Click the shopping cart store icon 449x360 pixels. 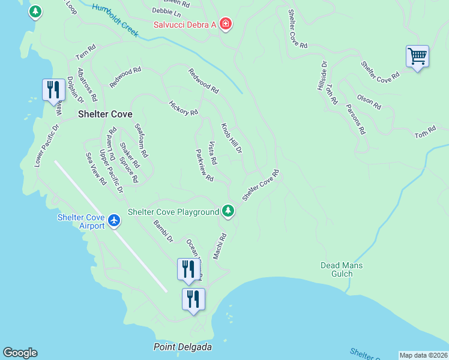[x=417, y=57]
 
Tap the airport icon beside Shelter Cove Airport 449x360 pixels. [x=114, y=221]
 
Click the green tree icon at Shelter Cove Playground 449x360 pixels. [x=228, y=211]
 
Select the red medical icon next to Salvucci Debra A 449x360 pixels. [x=226, y=25]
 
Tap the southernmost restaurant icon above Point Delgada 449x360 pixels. [x=193, y=299]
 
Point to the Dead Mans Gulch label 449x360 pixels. [x=342, y=269]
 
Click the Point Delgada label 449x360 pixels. [x=183, y=347]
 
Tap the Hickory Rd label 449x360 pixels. [x=184, y=108]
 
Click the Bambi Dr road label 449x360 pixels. [x=163, y=231]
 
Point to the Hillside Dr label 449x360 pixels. [x=322, y=75]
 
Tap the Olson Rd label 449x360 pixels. [x=369, y=101]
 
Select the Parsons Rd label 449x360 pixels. [x=355, y=119]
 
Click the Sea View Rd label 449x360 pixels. [x=96, y=168]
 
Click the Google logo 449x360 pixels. [x=20, y=353]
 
